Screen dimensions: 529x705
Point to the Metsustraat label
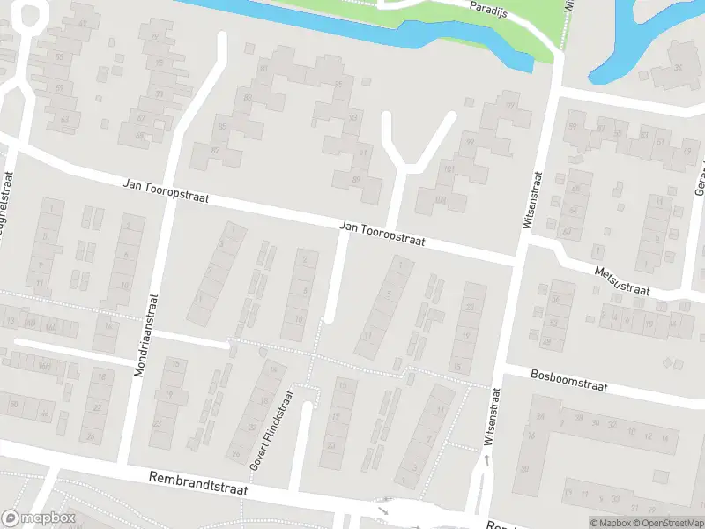pos(621,282)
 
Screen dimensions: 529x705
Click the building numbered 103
pos(440,201)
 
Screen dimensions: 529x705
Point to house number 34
pos(678,68)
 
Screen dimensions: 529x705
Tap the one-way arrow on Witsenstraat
pos(486,460)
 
